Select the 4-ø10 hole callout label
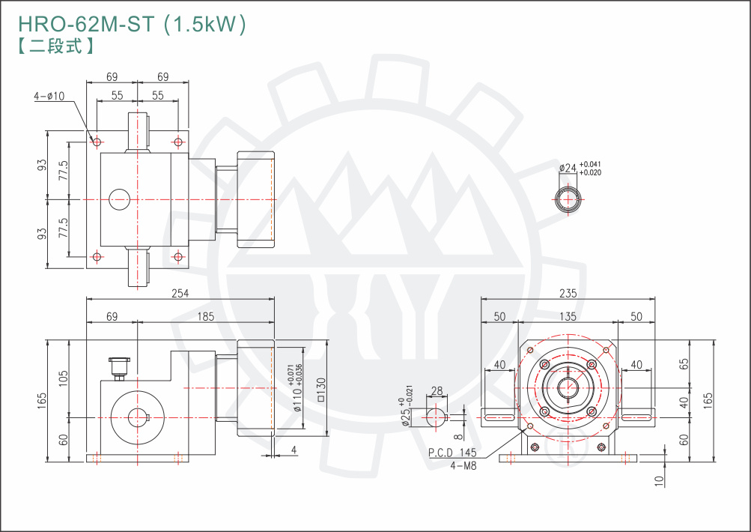tap(49, 96)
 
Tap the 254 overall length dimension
tap(180, 293)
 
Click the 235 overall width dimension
tap(568, 293)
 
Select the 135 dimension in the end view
tap(568, 316)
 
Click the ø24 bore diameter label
tap(568, 169)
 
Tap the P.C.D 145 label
tap(452, 453)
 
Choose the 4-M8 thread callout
tap(463, 465)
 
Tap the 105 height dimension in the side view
tap(64, 378)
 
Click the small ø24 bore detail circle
tap(568, 200)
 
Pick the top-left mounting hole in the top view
tap(97, 141)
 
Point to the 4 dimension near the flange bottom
tap(294, 450)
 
